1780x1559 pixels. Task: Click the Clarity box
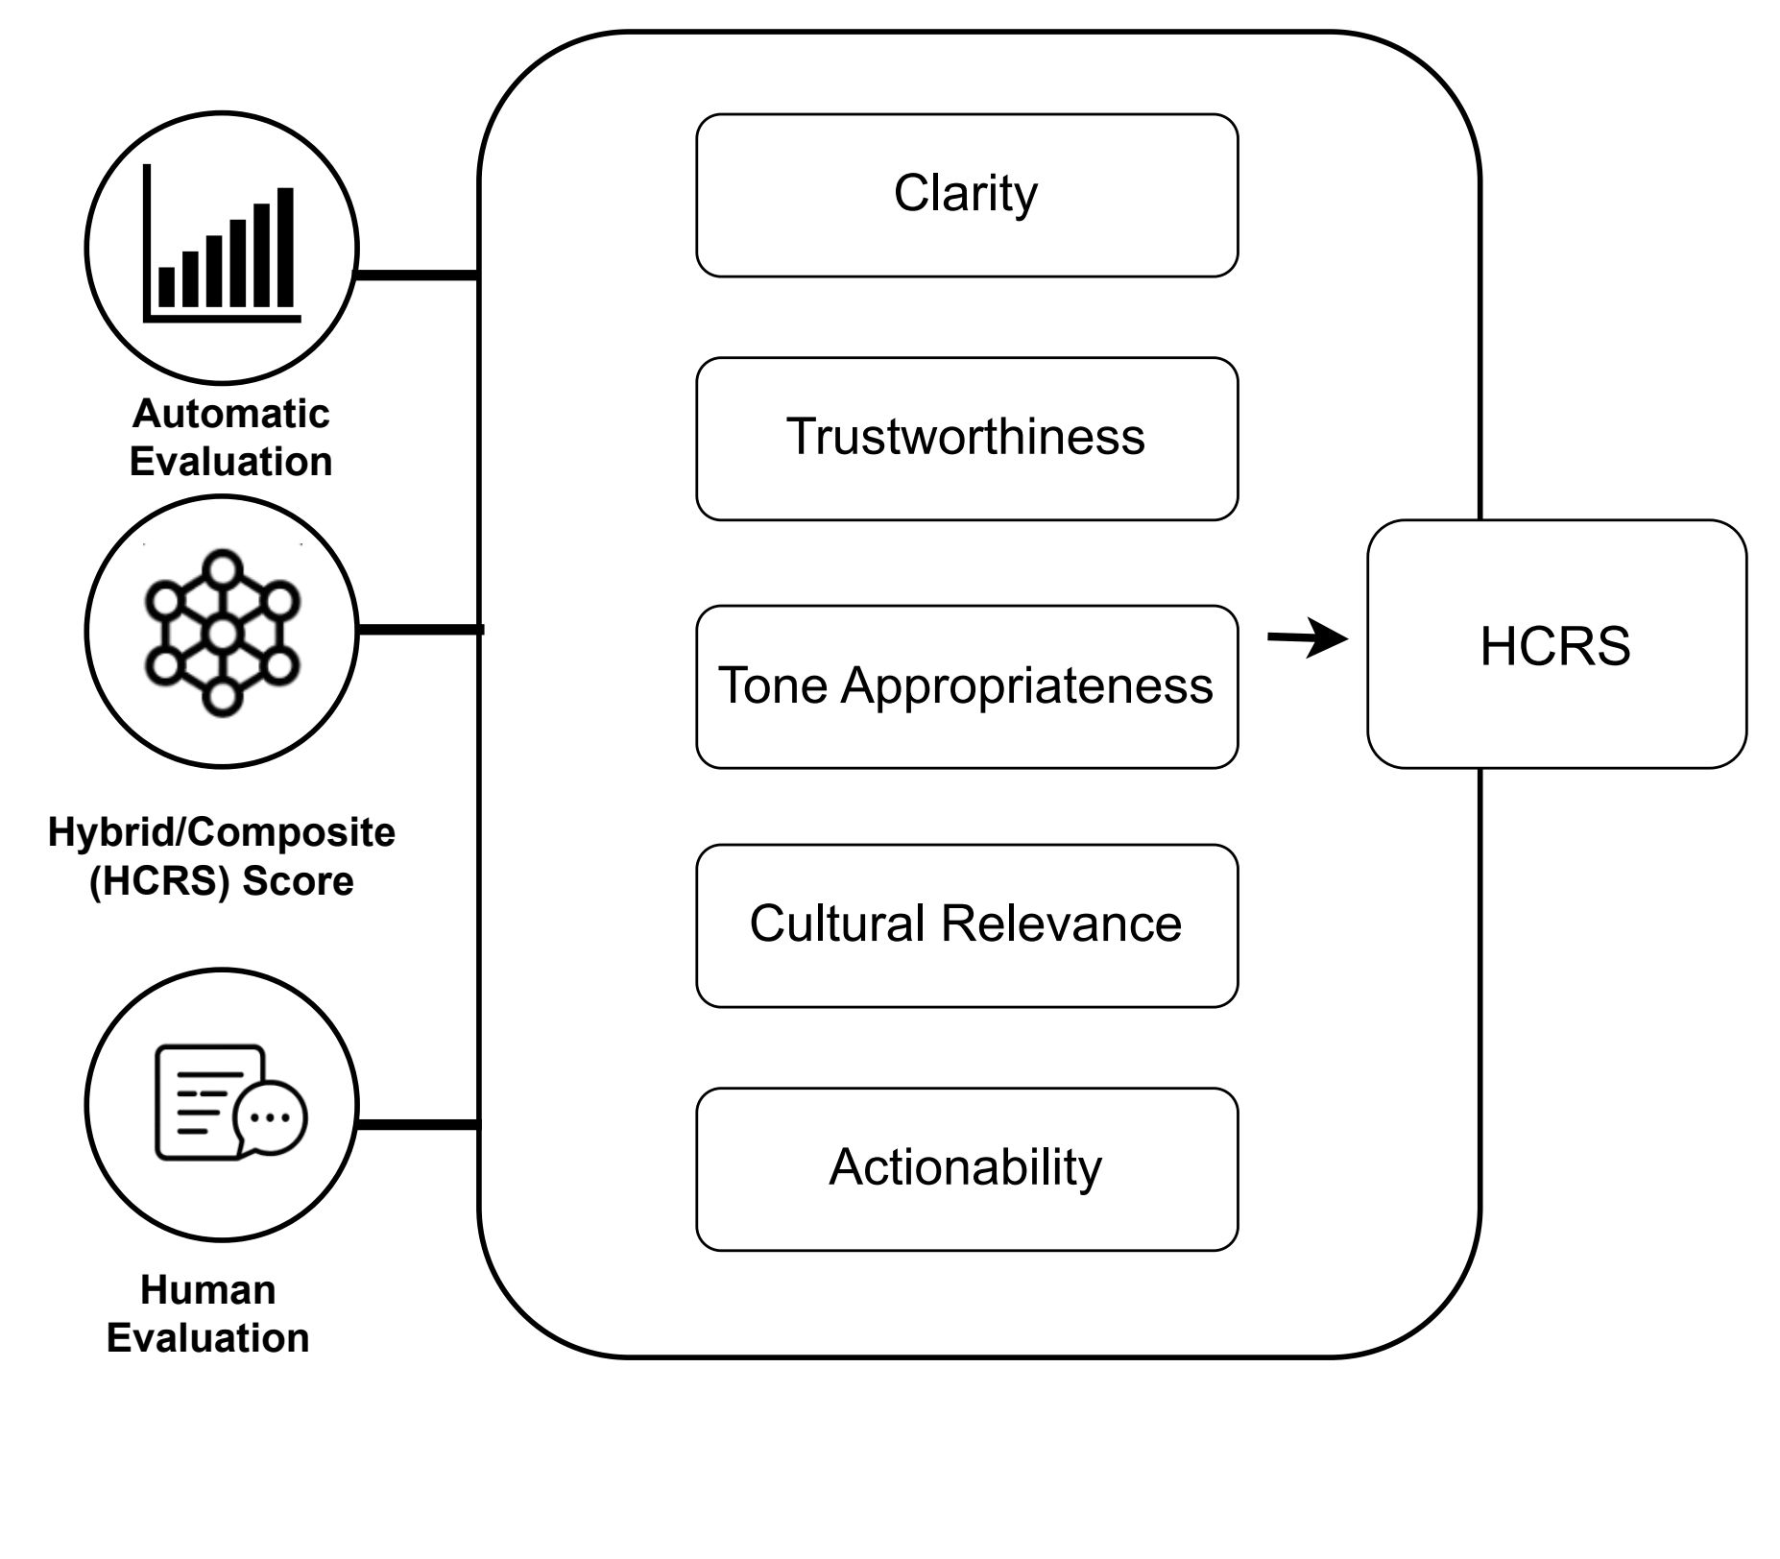click(967, 196)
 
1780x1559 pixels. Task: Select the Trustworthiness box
click(967, 439)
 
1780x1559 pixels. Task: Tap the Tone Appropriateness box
click(967, 686)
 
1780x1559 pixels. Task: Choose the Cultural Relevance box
click(967, 925)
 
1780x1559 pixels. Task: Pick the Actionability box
click(967, 1169)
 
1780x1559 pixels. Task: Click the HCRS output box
click(1556, 644)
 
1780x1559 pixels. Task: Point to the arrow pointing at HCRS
click(1308, 637)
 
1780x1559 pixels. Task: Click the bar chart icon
click(222, 243)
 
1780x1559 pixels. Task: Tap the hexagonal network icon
click(222, 633)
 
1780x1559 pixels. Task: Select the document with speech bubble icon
click(231, 1102)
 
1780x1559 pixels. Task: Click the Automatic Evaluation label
click(231, 438)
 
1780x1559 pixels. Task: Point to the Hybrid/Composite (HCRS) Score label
click(222, 856)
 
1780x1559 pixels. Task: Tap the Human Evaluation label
click(208, 1313)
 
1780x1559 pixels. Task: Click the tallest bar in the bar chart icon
click(285, 247)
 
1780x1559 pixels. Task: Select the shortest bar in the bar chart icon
click(167, 287)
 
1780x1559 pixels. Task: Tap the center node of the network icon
click(222, 634)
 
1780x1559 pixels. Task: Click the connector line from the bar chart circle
click(418, 276)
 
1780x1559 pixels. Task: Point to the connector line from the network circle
click(421, 630)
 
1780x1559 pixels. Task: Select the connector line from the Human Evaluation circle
click(418, 1124)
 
